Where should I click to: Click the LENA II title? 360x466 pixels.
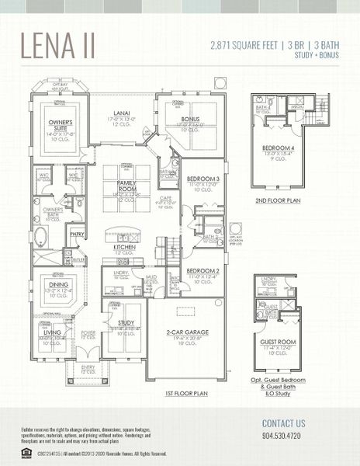click(58, 46)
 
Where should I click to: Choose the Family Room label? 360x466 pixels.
click(126, 185)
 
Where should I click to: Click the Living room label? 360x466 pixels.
click(52, 332)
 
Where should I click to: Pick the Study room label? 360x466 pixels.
click(126, 322)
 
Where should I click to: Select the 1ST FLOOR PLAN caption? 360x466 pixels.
click(186, 394)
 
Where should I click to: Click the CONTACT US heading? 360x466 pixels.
click(284, 423)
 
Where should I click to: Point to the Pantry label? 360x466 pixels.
click(77, 233)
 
